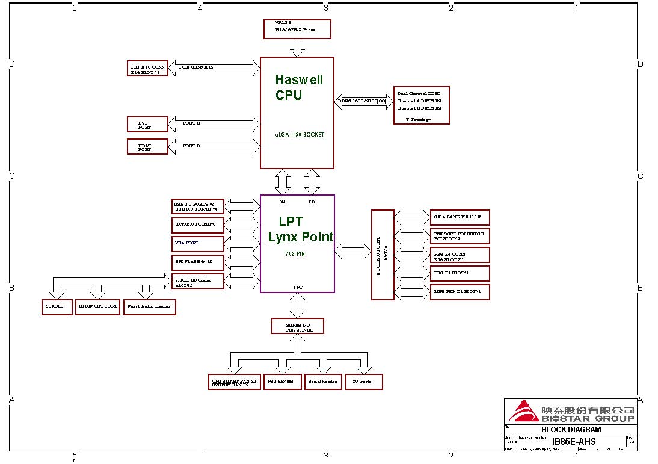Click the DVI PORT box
tap(148, 125)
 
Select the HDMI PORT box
tap(148, 146)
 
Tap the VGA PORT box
tap(198, 243)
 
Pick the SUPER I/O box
tap(297, 326)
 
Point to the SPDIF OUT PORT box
tap(99, 306)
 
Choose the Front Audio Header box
tap(149, 306)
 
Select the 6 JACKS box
tap(57, 306)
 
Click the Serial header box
tap(323, 382)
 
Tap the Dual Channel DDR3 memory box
tap(421, 105)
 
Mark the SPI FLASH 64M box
tap(198, 262)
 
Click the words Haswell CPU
tap(298, 87)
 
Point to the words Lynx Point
tap(300, 237)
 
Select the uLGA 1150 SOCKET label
tap(300, 135)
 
